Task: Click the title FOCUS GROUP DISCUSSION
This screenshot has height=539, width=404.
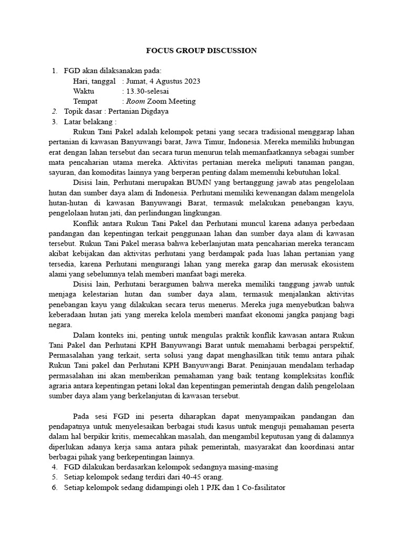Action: tap(201, 51)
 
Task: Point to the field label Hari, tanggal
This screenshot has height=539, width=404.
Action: tap(94, 81)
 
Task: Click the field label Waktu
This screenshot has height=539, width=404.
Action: tap(84, 91)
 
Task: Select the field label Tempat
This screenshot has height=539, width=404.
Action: tap(86, 101)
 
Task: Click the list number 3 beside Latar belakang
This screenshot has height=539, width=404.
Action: tap(54, 122)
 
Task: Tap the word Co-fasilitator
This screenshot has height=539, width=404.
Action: tap(260, 487)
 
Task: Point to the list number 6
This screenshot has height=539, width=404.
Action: tap(54, 487)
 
